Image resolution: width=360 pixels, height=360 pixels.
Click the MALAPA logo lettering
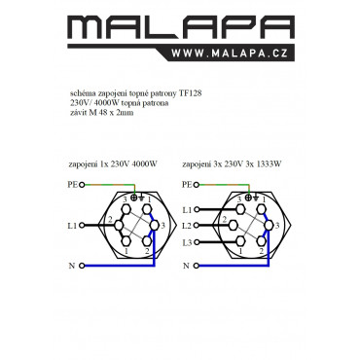tap(181, 27)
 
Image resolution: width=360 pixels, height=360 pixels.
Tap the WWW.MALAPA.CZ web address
tap(230, 53)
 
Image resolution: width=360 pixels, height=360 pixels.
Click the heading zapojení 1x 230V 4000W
tap(113, 164)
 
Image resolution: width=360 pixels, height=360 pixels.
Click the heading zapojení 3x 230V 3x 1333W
tap(232, 164)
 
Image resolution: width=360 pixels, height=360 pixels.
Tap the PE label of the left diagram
tap(72, 185)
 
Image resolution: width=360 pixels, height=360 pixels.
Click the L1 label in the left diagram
tap(72, 226)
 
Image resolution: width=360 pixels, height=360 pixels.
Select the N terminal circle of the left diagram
tap(82, 266)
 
